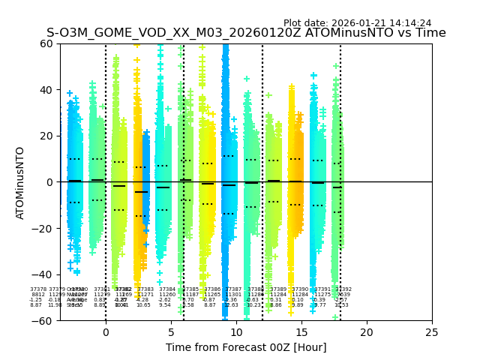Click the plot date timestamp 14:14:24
click(x=409, y=23)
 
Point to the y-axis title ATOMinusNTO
click(x=21, y=182)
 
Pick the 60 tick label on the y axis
click(x=47, y=43)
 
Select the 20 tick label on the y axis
click(x=47, y=136)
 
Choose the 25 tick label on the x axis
click(x=432, y=332)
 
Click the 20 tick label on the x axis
click(x=367, y=332)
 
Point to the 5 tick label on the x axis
click(x=171, y=332)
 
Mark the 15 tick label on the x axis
click(x=301, y=332)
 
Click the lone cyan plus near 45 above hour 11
click(x=247, y=79)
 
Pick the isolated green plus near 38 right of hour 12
click(x=268, y=95)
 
